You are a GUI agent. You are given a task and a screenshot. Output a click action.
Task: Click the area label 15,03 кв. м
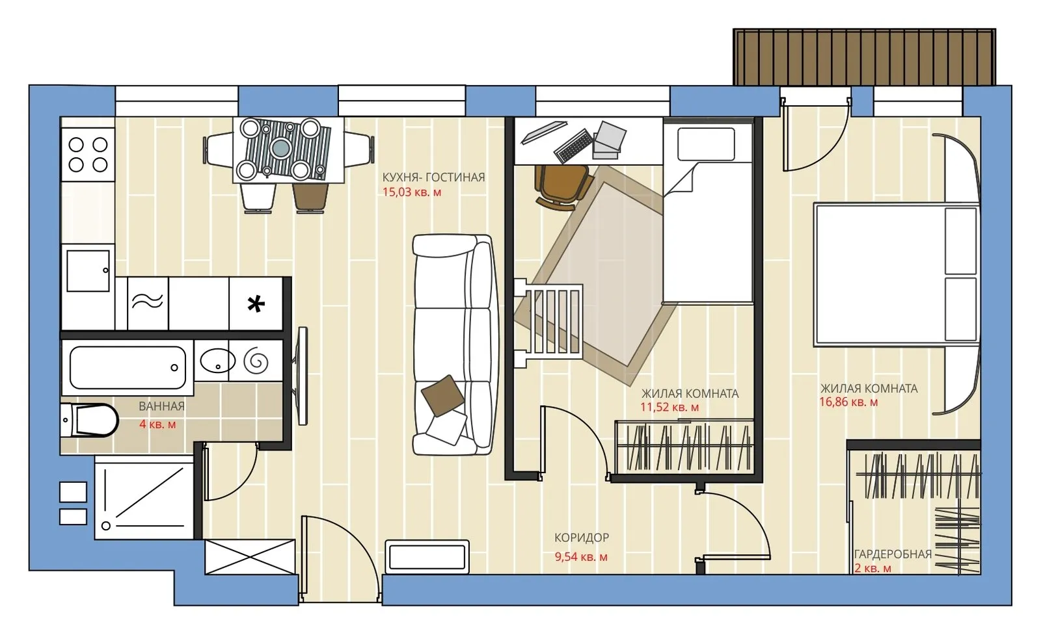pyautogui.click(x=412, y=192)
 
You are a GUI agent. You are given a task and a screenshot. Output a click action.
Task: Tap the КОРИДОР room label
pyautogui.click(x=582, y=538)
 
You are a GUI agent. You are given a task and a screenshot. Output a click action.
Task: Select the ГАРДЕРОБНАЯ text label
pyautogui.click(x=893, y=554)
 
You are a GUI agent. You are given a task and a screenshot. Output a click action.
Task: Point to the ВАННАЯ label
pyautogui.click(x=162, y=406)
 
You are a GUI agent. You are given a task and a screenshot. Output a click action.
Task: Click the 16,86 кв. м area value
pyautogui.click(x=848, y=402)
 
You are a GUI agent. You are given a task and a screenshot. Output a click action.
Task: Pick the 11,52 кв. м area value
pyautogui.click(x=669, y=408)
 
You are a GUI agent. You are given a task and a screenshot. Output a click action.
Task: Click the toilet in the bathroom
pyautogui.click(x=89, y=420)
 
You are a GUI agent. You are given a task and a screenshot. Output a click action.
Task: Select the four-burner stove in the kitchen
pyautogui.click(x=88, y=155)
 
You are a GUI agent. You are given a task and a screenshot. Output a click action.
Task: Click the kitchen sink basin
pyautogui.click(x=88, y=271)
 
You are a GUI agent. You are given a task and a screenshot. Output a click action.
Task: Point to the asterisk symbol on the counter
pyautogui.click(x=256, y=305)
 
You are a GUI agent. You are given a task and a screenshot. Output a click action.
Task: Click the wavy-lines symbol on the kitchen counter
pyautogui.click(x=147, y=302)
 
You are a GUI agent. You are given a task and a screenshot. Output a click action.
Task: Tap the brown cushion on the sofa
pyautogui.click(x=442, y=395)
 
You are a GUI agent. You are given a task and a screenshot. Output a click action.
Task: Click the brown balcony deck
pyautogui.click(x=864, y=57)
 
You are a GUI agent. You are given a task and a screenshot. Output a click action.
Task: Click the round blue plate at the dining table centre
pyautogui.click(x=280, y=148)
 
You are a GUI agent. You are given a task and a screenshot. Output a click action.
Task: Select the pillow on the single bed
pyautogui.click(x=706, y=144)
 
